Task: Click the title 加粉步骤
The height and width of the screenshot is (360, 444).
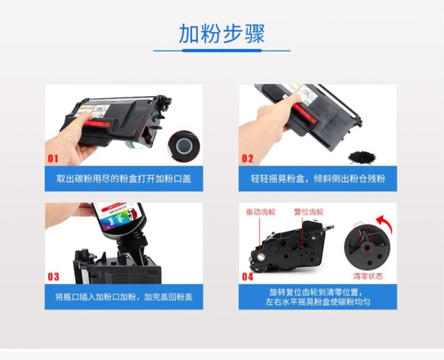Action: [x=222, y=34]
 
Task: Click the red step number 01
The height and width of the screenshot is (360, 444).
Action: [x=53, y=159]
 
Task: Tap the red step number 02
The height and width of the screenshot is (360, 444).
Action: [x=247, y=159]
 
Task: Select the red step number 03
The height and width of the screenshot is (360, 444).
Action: [x=53, y=277]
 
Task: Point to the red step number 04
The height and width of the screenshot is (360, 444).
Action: [x=247, y=277]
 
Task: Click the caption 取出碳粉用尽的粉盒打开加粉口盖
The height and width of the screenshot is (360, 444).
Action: [x=124, y=178]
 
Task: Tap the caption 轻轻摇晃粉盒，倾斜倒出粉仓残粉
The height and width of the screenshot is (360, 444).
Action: [x=317, y=178]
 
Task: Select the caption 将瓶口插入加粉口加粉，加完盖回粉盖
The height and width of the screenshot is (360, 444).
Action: [x=124, y=296]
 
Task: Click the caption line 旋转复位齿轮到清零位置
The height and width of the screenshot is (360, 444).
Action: [x=317, y=292]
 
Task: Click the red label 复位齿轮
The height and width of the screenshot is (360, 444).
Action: [x=308, y=211]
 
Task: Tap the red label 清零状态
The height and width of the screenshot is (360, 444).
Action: [x=368, y=276]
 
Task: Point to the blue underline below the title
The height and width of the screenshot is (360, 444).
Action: [x=222, y=51]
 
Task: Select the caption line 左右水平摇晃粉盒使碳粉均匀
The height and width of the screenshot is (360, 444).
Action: [x=317, y=302]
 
